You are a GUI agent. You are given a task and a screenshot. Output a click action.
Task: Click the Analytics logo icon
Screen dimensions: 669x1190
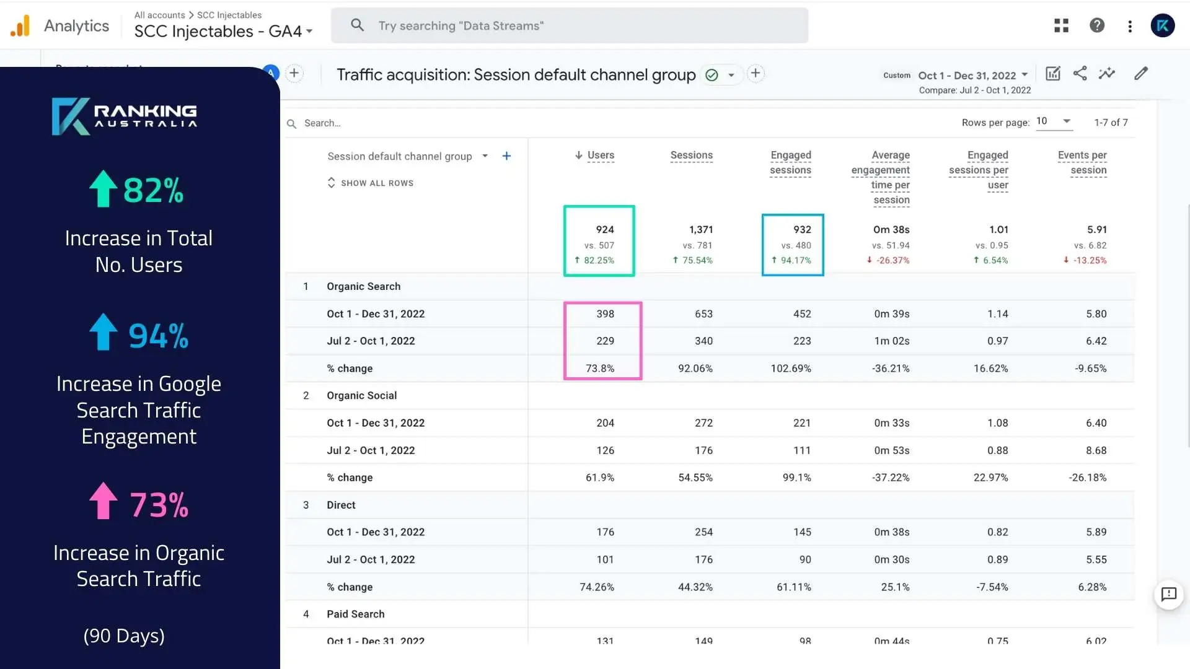pyautogui.click(x=20, y=26)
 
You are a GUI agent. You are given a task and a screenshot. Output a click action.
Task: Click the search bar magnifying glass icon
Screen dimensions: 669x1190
pyautogui.click(x=357, y=25)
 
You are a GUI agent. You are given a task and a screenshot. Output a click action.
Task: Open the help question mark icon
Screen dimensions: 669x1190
pyautogui.click(x=1097, y=25)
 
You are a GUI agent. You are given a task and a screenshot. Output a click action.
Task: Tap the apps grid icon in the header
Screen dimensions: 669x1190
pyautogui.click(x=1061, y=25)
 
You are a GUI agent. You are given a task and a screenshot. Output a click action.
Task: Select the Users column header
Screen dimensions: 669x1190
pyautogui.click(x=600, y=155)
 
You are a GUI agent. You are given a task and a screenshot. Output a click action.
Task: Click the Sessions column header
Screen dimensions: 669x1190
pyautogui.click(x=691, y=155)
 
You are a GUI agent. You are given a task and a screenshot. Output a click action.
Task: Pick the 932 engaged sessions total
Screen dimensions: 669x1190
pyautogui.click(x=802, y=230)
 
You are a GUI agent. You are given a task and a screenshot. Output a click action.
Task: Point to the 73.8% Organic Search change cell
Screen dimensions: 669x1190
pyautogui.click(x=600, y=369)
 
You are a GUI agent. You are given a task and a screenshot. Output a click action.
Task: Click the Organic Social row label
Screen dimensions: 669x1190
pyautogui.click(x=361, y=396)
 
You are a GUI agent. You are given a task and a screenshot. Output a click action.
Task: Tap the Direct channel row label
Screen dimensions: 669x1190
pyautogui.click(x=341, y=505)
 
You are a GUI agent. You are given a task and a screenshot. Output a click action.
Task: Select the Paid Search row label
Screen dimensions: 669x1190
pyautogui.click(x=355, y=614)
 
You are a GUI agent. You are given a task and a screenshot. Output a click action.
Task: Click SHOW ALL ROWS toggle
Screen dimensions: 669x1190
pyautogui.click(x=371, y=183)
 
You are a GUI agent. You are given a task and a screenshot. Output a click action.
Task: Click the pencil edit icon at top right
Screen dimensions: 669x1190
pyautogui.click(x=1141, y=74)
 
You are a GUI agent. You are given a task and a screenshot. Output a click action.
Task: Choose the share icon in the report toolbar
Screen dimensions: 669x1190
pyautogui.click(x=1080, y=74)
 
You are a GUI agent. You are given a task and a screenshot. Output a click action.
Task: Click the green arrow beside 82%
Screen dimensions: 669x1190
pyautogui.click(x=103, y=188)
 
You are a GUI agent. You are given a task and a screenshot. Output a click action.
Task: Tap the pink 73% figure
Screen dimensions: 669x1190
pyautogui.click(x=159, y=505)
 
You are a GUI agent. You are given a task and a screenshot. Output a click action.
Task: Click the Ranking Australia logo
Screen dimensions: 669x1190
pyautogui.click(x=124, y=116)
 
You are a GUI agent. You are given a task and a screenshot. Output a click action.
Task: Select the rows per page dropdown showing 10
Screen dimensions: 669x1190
pyautogui.click(x=1053, y=121)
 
